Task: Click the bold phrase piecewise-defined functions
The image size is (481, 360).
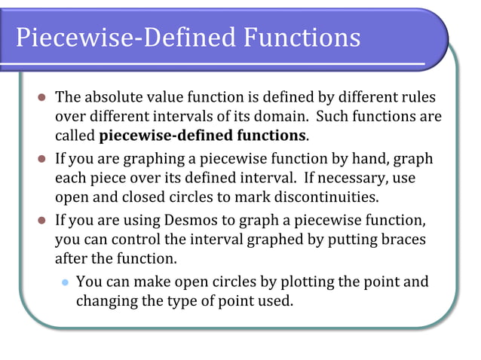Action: coord(202,136)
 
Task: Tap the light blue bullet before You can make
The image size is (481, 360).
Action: coord(66,282)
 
